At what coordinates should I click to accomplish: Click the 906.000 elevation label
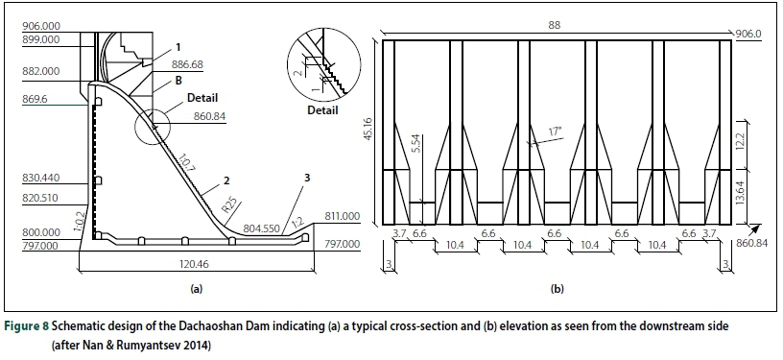pos(40,27)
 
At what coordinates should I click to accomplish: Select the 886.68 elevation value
pos(187,65)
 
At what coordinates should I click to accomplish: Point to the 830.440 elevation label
pos(40,179)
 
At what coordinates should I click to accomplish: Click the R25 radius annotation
pos(230,205)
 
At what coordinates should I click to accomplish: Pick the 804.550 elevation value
pos(261,228)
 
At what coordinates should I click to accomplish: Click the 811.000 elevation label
pos(342,216)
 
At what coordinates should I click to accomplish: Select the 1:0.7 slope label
pos(185,163)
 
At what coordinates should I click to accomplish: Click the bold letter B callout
pos(178,80)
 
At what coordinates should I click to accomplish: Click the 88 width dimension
pos(554,26)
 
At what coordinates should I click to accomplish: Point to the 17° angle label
pos(555,132)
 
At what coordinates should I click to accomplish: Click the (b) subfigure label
pos(557,289)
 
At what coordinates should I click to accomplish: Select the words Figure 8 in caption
pos(27,326)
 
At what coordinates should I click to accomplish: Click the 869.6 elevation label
pos(35,100)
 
